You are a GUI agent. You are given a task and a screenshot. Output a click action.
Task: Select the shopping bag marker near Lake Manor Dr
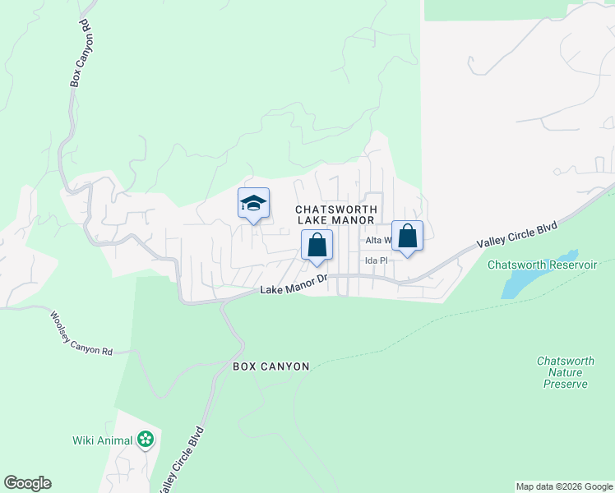317,246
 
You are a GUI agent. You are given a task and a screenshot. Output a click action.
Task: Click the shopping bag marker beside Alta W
407,237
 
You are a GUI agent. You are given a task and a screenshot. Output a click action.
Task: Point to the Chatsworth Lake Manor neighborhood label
335,214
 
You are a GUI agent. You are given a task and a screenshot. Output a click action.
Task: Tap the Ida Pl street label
376,260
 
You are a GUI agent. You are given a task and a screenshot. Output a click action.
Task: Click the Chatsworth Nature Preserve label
563,372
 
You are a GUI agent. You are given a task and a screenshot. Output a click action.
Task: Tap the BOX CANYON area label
271,366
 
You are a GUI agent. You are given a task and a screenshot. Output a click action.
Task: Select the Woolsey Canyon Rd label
81,333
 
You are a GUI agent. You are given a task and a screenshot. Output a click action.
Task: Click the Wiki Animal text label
102,440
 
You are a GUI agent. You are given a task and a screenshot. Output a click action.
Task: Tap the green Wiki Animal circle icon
146,440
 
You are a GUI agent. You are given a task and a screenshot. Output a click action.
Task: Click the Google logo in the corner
27,483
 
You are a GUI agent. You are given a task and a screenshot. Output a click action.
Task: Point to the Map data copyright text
564,486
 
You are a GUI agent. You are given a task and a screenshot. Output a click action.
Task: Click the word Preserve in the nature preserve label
563,384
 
